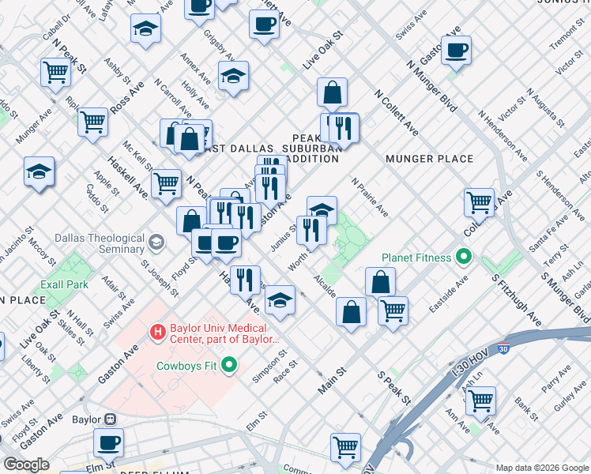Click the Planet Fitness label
tap(416, 258)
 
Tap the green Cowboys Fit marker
tap(230, 365)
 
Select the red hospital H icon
tap(158, 333)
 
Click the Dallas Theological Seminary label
tap(100, 243)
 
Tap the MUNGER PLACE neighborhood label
tap(430, 159)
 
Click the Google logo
tap(26, 465)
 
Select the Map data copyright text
tap(542, 467)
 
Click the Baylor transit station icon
tap(110, 419)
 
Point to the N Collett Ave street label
tap(397, 111)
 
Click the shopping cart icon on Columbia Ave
tap(479, 202)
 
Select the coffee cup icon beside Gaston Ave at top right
tap(456, 51)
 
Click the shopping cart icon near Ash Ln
tap(480, 401)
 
